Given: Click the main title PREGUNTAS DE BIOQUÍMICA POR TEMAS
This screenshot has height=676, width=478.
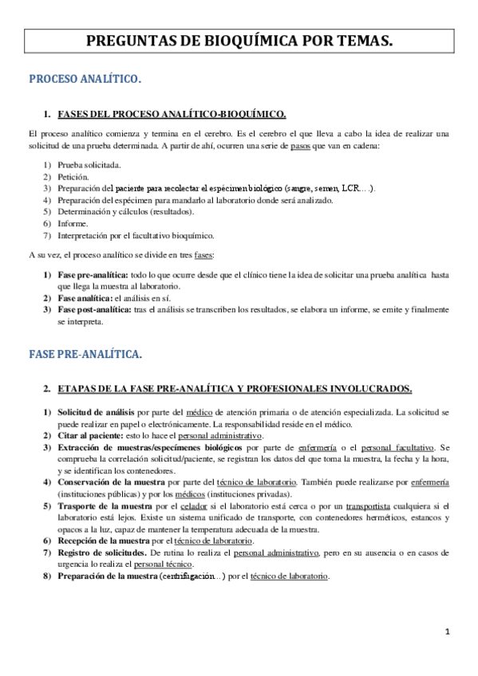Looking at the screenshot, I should (x=239, y=41).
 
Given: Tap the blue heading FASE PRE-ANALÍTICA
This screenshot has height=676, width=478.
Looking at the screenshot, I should (x=85, y=352).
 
